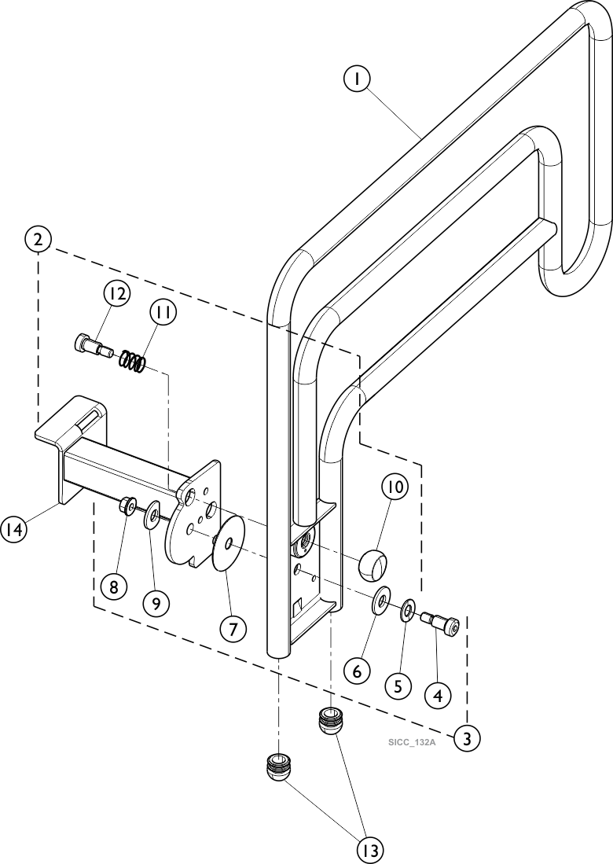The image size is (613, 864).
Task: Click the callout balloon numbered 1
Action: coord(357,79)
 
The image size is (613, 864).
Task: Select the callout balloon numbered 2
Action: coord(38,239)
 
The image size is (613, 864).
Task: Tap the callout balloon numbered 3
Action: coord(467,738)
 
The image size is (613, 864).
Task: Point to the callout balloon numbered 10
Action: coord(395,487)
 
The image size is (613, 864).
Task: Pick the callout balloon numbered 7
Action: coord(233,629)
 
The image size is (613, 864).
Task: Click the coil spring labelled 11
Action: coord(134,362)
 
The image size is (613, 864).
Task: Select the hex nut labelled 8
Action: coord(127,506)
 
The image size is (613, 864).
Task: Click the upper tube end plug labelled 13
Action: coord(330,720)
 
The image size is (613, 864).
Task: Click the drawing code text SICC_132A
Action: coord(411,742)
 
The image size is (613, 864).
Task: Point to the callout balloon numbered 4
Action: coord(438,694)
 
